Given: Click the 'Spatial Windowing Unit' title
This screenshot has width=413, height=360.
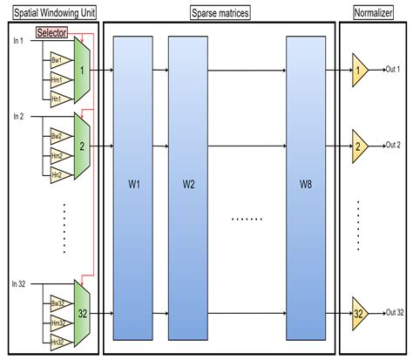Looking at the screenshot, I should coord(50,13).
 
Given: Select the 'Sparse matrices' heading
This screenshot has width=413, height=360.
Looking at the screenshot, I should coord(219,13).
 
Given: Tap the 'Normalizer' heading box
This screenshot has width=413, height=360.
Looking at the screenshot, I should coord(373,13).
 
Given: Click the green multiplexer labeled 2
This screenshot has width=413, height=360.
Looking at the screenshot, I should coord(81,145).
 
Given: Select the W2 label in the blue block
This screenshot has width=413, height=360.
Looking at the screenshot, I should coord(189,184).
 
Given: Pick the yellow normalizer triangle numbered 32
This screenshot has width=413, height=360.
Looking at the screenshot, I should coord(359,312).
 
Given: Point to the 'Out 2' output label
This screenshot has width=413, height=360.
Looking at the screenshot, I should coord(392,145).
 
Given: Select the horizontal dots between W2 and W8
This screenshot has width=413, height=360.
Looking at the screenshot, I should coord(246,218).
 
